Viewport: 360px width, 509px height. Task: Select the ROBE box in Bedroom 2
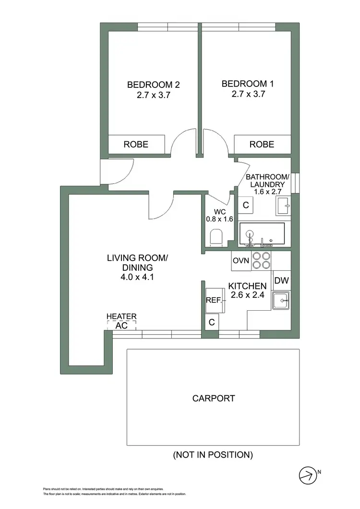(136, 144)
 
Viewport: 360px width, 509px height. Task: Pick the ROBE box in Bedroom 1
(262, 144)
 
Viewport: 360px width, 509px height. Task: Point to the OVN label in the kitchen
(240, 260)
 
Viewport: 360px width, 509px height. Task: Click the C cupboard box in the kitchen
(212, 323)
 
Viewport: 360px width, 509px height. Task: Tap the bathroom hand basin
(283, 206)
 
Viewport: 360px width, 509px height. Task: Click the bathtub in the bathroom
(262, 234)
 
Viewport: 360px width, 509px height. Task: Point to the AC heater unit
(121, 325)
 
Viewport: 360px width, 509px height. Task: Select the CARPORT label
(214, 398)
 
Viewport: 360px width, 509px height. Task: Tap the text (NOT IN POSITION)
(213, 454)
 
